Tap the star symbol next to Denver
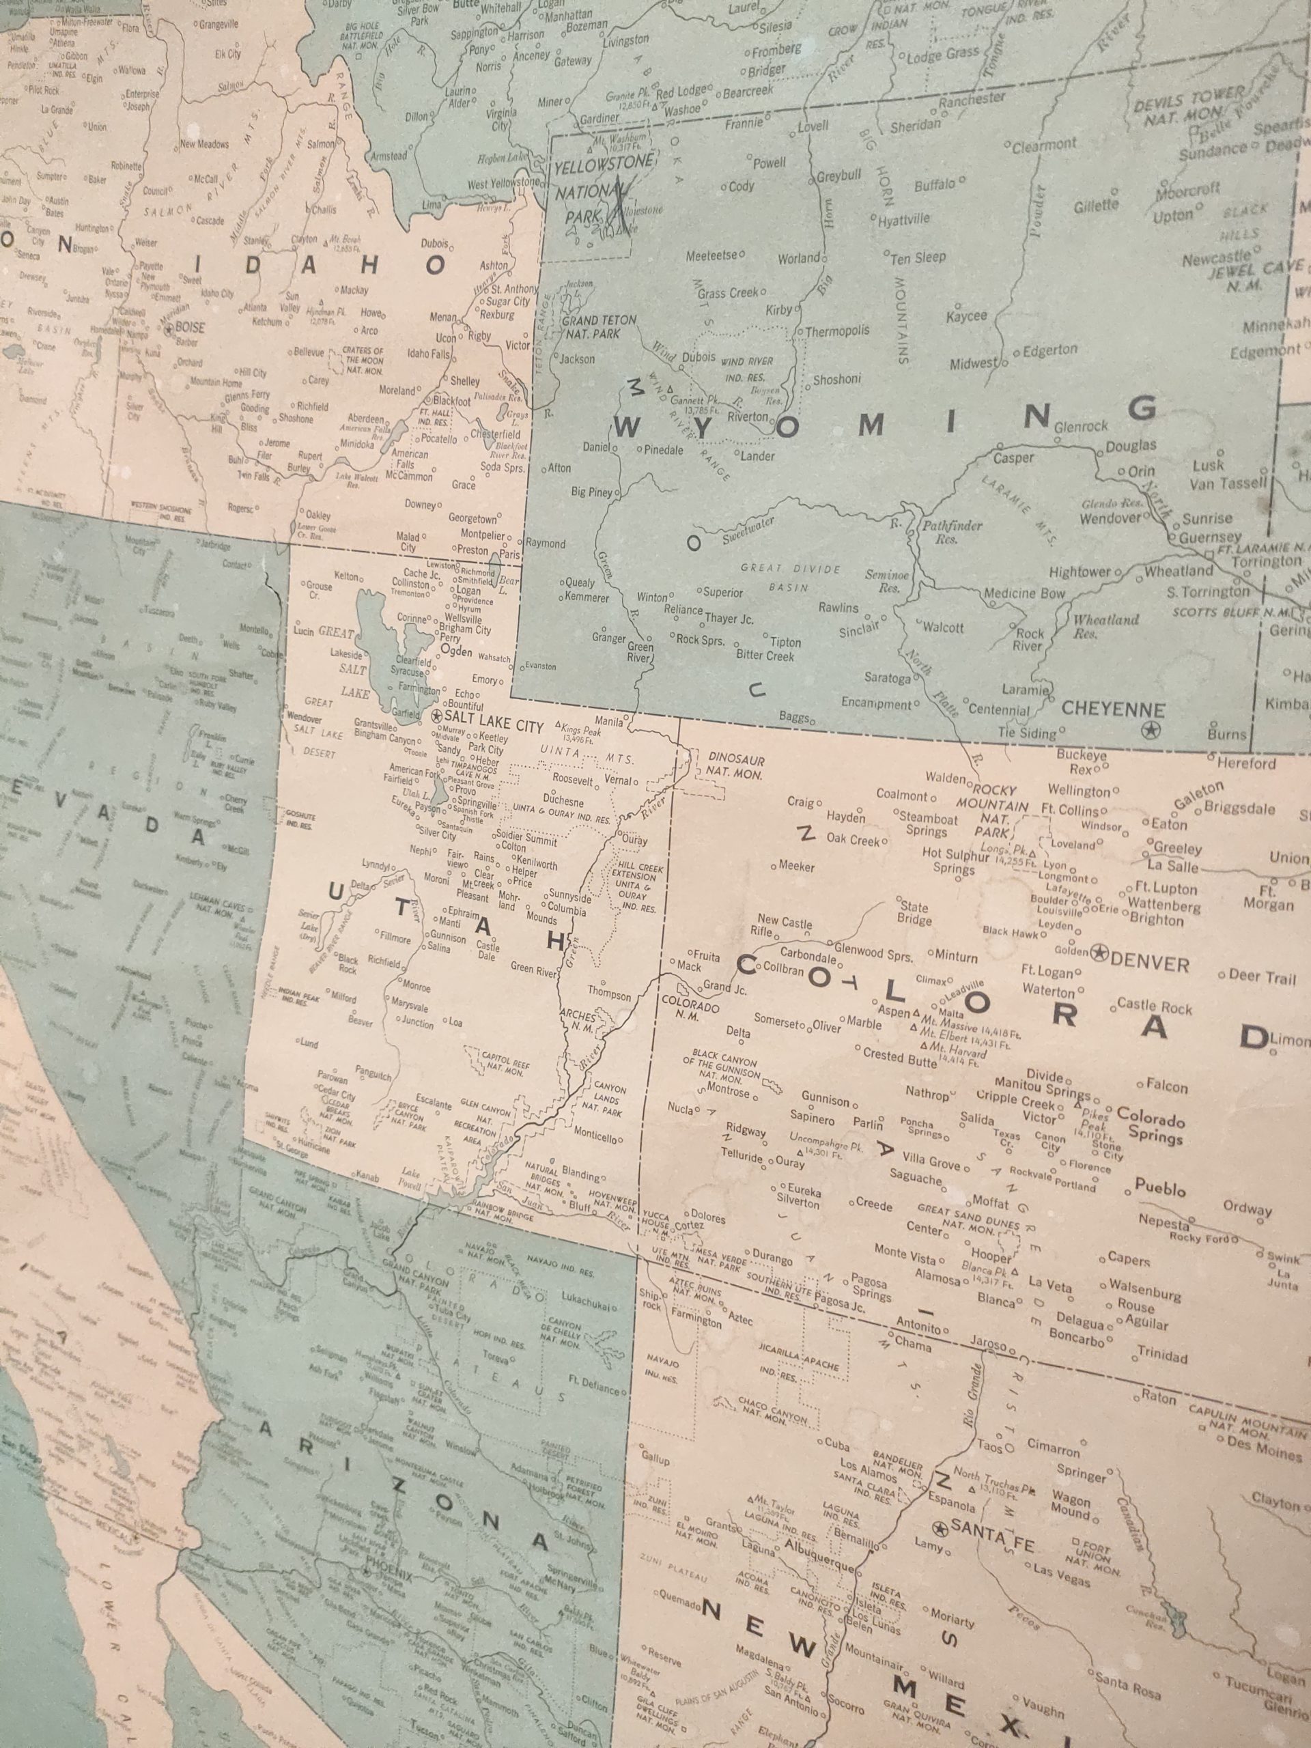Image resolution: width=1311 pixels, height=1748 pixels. pyautogui.click(x=1099, y=953)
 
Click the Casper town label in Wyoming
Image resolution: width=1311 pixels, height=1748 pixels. pyautogui.click(x=1013, y=458)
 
